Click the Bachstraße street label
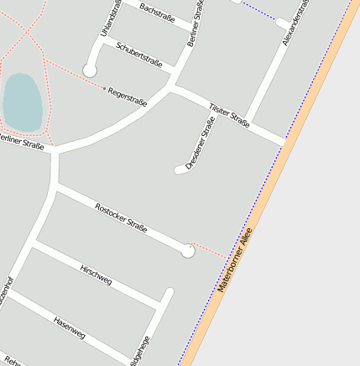pyautogui.click(x=158, y=12)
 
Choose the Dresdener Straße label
pyautogui.click(x=200, y=144)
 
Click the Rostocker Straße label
pyautogui.click(x=122, y=217)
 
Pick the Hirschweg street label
pyautogui.click(x=96, y=274)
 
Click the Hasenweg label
pyautogui.click(x=69, y=327)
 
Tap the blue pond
pyautogui.click(x=22, y=102)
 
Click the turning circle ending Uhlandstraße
pyautogui.click(x=90, y=71)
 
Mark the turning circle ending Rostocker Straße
pyautogui.click(x=188, y=250)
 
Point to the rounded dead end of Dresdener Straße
pyautogui.click(x=178, y=170)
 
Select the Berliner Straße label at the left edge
pyautogui.click(x=21, y=144)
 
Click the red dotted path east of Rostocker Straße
pyautogui.click(x=210, y=250)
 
